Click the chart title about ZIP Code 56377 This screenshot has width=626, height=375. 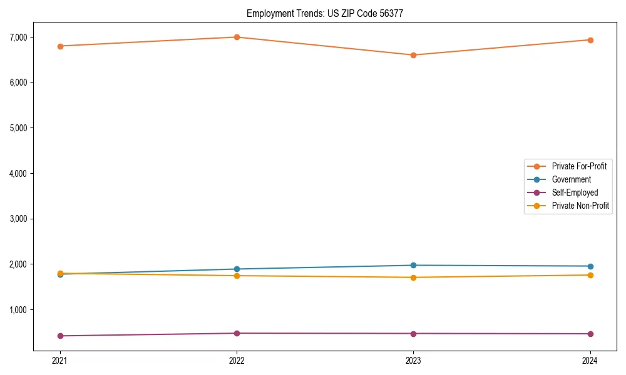click(329, 13)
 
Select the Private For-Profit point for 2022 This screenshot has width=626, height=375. click(237, 37)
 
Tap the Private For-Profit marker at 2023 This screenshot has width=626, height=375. click(413, 55)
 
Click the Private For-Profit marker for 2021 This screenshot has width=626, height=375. click(60, 46)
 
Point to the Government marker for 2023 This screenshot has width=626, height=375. click(413, 266)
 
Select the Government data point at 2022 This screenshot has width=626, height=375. click(237, 269)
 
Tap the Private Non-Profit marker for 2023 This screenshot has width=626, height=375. click(413, 277)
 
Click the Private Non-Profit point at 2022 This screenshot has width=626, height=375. click(237, 276)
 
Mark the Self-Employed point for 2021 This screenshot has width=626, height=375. click(60, 336)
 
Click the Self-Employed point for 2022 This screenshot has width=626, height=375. click(237, 333)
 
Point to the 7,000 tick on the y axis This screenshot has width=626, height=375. click(18, 37)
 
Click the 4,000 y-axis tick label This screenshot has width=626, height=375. click(18, 173)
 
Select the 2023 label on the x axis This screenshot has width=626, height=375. click(413, 360)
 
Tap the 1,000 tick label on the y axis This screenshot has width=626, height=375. click(18, 310)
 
